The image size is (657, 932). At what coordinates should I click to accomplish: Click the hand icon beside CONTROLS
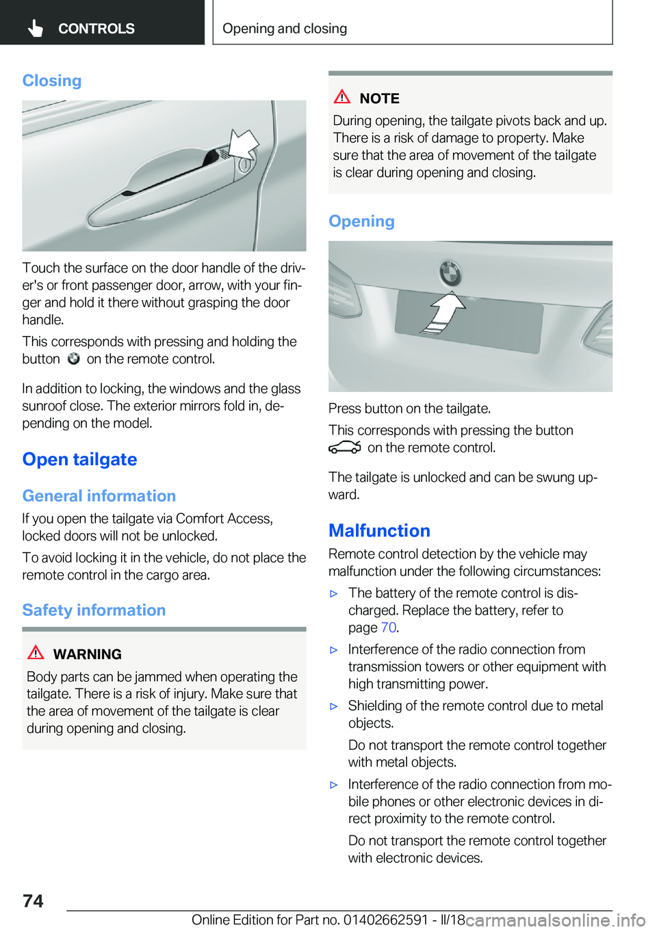[36, 28]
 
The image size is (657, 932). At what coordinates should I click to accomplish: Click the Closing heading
[52, 81]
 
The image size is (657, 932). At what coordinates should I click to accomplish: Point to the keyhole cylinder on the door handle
[244, 165]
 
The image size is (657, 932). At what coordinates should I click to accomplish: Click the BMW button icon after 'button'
[73, 359]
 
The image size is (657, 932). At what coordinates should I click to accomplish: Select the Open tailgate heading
[79, 459]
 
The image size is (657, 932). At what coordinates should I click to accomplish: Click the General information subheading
[99, 496]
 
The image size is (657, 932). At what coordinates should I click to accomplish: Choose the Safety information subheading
[94, 610]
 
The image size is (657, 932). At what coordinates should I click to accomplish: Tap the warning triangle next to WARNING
[36, 653]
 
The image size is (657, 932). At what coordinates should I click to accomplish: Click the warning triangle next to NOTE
[342, 97]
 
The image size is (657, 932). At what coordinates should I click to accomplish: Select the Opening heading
[361, 221]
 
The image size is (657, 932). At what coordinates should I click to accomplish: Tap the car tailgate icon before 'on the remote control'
[344, 448]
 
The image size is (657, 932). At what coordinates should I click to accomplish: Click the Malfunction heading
[379, 531]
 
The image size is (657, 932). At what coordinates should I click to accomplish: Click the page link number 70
[388, 627]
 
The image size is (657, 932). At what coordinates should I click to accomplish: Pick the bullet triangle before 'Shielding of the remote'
[334, 706]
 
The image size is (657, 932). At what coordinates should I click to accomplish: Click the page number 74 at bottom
[33, 901]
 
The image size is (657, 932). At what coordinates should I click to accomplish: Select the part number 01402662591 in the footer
[385, 920]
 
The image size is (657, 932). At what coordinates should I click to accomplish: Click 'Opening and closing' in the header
[285, 29]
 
